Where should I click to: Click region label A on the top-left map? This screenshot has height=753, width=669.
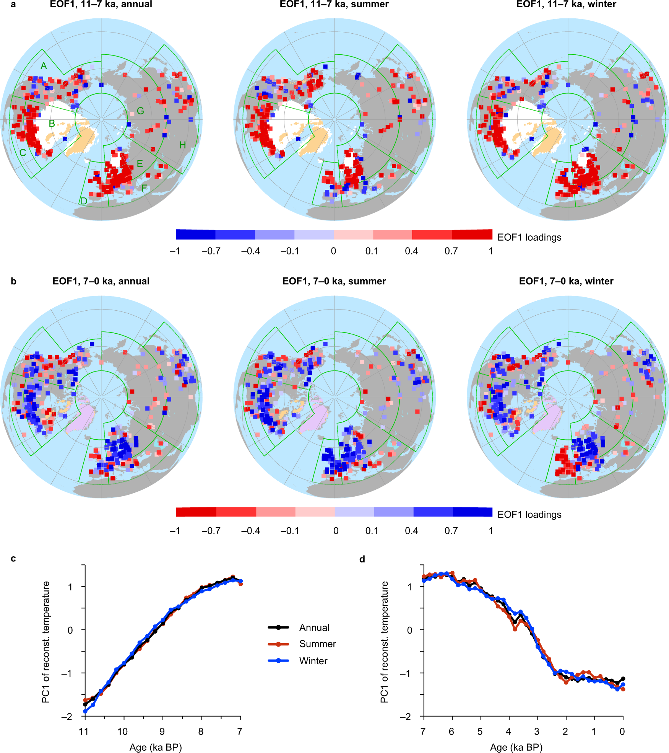[44, 66]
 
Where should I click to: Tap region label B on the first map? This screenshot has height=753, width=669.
[52, 124]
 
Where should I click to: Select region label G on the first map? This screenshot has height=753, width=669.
[140, 111]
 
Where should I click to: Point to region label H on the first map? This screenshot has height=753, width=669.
[182, 145]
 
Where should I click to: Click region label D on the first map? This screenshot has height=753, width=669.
[84, 201]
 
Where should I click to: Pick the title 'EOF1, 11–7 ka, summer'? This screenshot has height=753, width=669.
[334, 5]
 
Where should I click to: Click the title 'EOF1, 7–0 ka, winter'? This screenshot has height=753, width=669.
[566, 281]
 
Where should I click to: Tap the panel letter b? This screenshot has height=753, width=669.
[13, 282]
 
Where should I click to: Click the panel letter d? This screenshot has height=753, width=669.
[362, 559]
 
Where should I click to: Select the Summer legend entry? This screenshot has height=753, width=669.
[317, 644]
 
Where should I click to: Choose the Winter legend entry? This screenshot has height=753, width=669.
[313, 661]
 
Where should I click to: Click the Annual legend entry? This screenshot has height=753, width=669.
[314, 627]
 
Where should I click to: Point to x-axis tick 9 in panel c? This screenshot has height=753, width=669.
[162, 732]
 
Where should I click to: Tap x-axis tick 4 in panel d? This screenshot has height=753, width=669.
[508, 732]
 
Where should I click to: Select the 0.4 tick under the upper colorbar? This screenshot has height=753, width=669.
[411, 251]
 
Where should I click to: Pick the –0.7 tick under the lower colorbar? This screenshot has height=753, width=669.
[211, 531]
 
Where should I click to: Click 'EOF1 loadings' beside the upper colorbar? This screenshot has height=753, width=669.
[529, 237]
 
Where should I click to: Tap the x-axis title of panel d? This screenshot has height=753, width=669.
[516, 747]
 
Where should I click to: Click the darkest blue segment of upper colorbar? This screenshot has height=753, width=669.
[195, 235]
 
